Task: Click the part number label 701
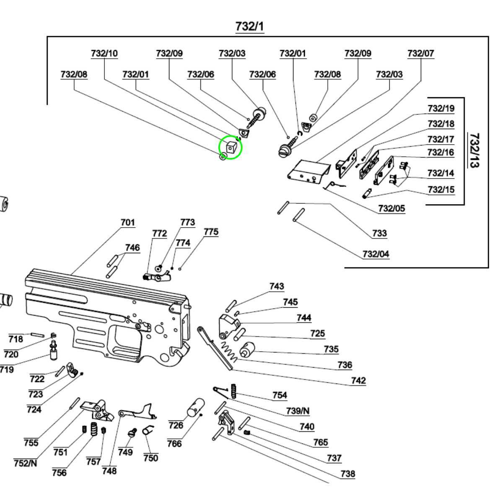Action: pyautogui.click(x=128, y=222)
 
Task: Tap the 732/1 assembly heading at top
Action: pyautogui.click(x=250, y=26)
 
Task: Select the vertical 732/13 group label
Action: pyautogui.click(x=474, y=150)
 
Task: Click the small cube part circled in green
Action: pyautogui.click(x=231, y=147)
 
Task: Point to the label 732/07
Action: pyautogui.click(x=420, y=54)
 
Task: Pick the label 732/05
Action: pyautogui.click(x=392, y=208)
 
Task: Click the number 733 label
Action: pyautogui.click(x=379, y=233)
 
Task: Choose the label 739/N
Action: pyautogui.click(x=298, y=411)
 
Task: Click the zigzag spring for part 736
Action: pyautogui.click(x=229, y=351)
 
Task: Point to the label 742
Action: pyautogui.click(x=358, y=381)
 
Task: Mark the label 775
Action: pyautogui.click(x=211, y=232)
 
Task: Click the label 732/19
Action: pyautogui.click(x=441, y=109)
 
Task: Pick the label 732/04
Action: pyautogui.click(x=376, y=254)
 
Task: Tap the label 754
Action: pyautogui.click(x=280, y=395)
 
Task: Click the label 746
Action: pyautogui.click(x=132, y=248)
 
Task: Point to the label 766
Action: pyautogui.click(x=174, y=443)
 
